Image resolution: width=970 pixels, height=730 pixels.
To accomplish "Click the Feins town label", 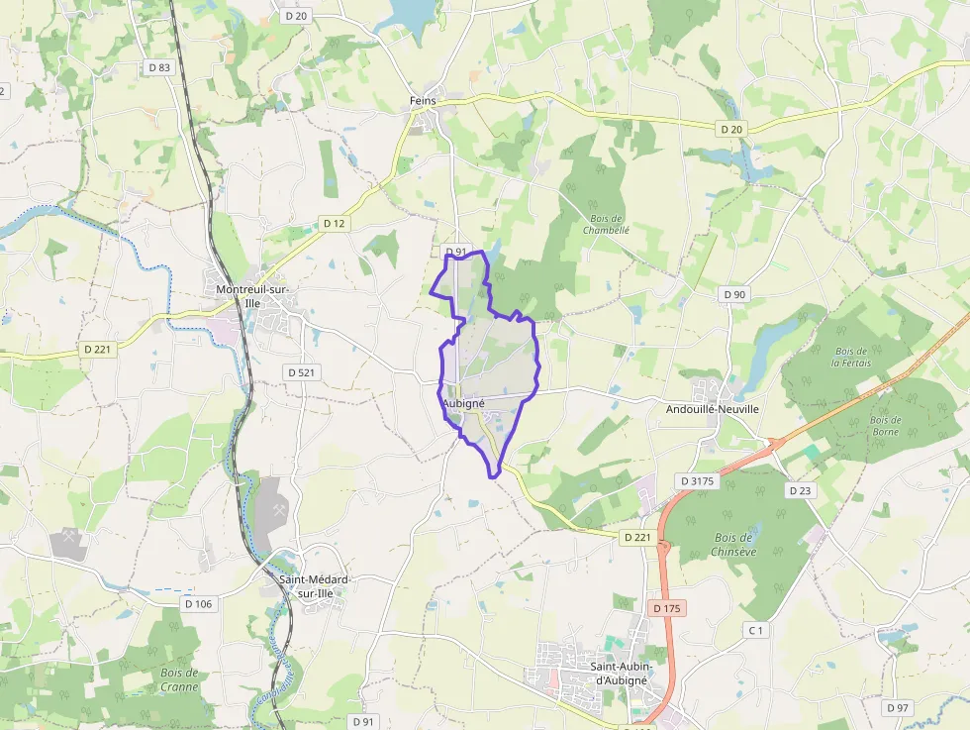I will [x=423, y=101].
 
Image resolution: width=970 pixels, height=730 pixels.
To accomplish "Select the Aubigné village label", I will [x=463, y=405].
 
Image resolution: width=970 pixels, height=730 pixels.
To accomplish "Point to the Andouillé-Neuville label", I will [x=713, y=409].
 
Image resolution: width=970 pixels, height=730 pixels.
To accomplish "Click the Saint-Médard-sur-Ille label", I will [x=315, y=586].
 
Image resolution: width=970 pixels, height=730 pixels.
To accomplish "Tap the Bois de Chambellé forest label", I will [x=606, y=224].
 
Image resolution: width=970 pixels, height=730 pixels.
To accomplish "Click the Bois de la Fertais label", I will [x=851, y=358].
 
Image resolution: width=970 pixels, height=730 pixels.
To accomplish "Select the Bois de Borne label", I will [x=885, y=426].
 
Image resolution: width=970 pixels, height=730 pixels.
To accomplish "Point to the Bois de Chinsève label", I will [x=732, y=545].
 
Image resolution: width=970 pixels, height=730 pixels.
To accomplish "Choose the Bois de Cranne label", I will [x=179, y=679].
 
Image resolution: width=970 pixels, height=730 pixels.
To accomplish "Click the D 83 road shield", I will [x=157, y=67].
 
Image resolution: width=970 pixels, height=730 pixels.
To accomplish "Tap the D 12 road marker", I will [x=335, y=224].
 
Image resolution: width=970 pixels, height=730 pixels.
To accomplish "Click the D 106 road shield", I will [x=198, y=604].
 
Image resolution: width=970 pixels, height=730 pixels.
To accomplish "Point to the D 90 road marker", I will [x=733, y=294].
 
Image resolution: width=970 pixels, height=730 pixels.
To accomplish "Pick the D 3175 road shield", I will [x=697, y=480].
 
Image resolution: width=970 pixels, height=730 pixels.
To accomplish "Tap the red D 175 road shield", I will [x=669, y=607].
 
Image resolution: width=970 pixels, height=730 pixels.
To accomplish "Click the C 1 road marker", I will [x=756, y=630].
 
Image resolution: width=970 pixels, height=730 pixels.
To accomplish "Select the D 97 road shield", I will [x=898, y=707].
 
